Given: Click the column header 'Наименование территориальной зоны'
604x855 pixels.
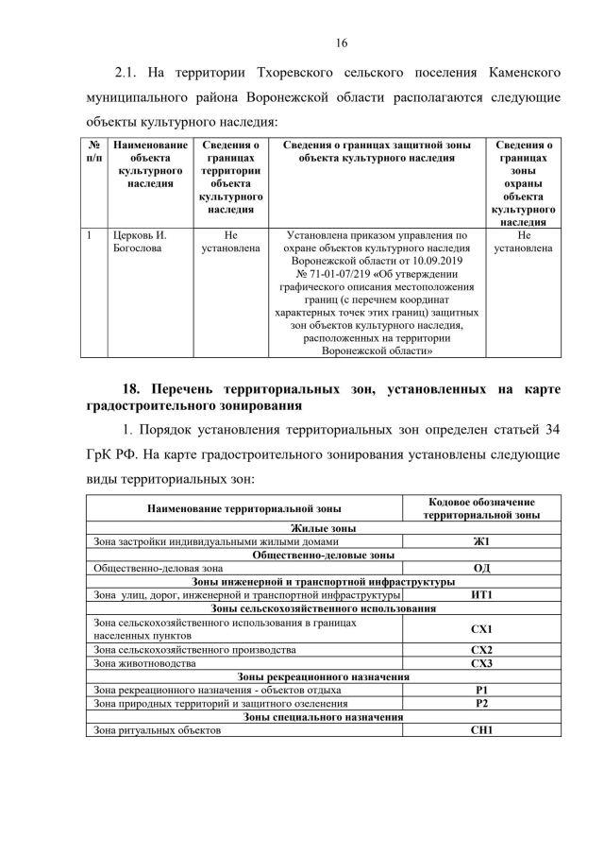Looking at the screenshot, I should pyautogui.click(x=244, y=508).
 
